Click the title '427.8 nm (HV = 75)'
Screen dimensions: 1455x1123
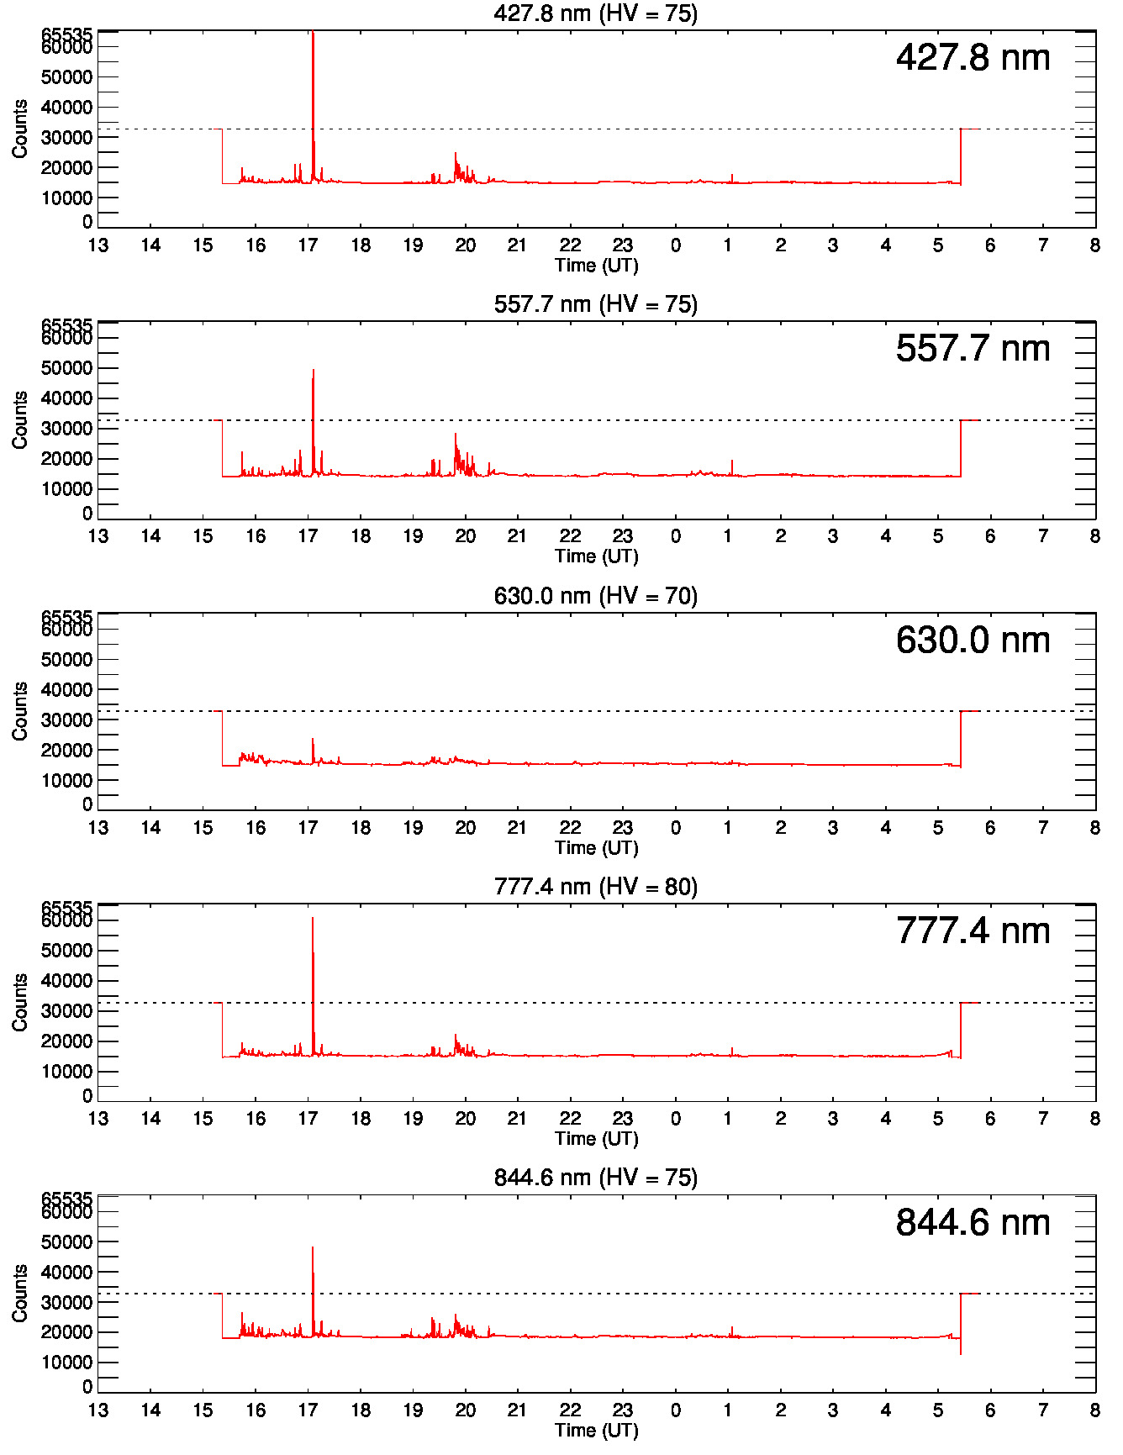595,13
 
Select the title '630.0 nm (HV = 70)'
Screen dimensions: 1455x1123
595,596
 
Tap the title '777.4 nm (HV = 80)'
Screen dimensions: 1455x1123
595,887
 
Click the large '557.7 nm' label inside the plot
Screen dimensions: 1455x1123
973,349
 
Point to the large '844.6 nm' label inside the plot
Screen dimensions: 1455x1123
973,1223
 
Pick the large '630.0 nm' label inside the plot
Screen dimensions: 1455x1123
973,641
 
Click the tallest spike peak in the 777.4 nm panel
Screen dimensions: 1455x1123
313,918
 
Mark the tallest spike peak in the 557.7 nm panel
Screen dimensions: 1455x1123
313,370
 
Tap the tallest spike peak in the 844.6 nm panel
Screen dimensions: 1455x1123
313,1247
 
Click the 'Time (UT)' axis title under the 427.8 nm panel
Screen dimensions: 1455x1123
596,266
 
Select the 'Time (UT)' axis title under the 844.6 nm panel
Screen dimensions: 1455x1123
596,1431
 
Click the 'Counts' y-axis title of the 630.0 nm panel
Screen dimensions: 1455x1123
19,711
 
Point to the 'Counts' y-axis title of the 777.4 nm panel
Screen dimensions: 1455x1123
19,1002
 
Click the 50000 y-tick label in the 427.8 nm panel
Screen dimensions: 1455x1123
66,77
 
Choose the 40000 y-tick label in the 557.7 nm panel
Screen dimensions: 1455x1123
66,398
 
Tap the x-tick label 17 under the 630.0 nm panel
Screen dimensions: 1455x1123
308,828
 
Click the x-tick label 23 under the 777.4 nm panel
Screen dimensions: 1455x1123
622,1119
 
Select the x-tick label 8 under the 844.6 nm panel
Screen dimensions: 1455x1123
1094,1410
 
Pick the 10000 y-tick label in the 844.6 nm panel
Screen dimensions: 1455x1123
66,1363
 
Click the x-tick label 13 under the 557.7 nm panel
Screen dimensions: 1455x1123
98,536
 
